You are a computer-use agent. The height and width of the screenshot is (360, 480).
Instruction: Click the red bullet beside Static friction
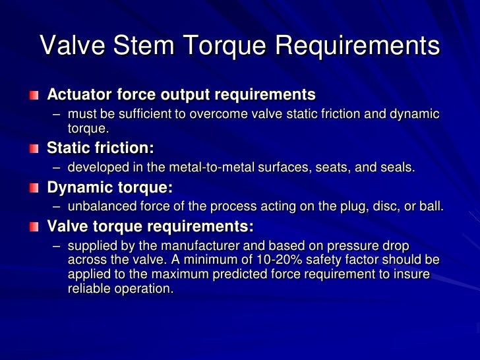pos(34,148)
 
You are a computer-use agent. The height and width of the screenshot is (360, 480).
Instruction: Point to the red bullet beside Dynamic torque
pos(34,189)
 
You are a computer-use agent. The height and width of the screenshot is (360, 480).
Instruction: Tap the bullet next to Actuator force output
pos(34,95)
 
